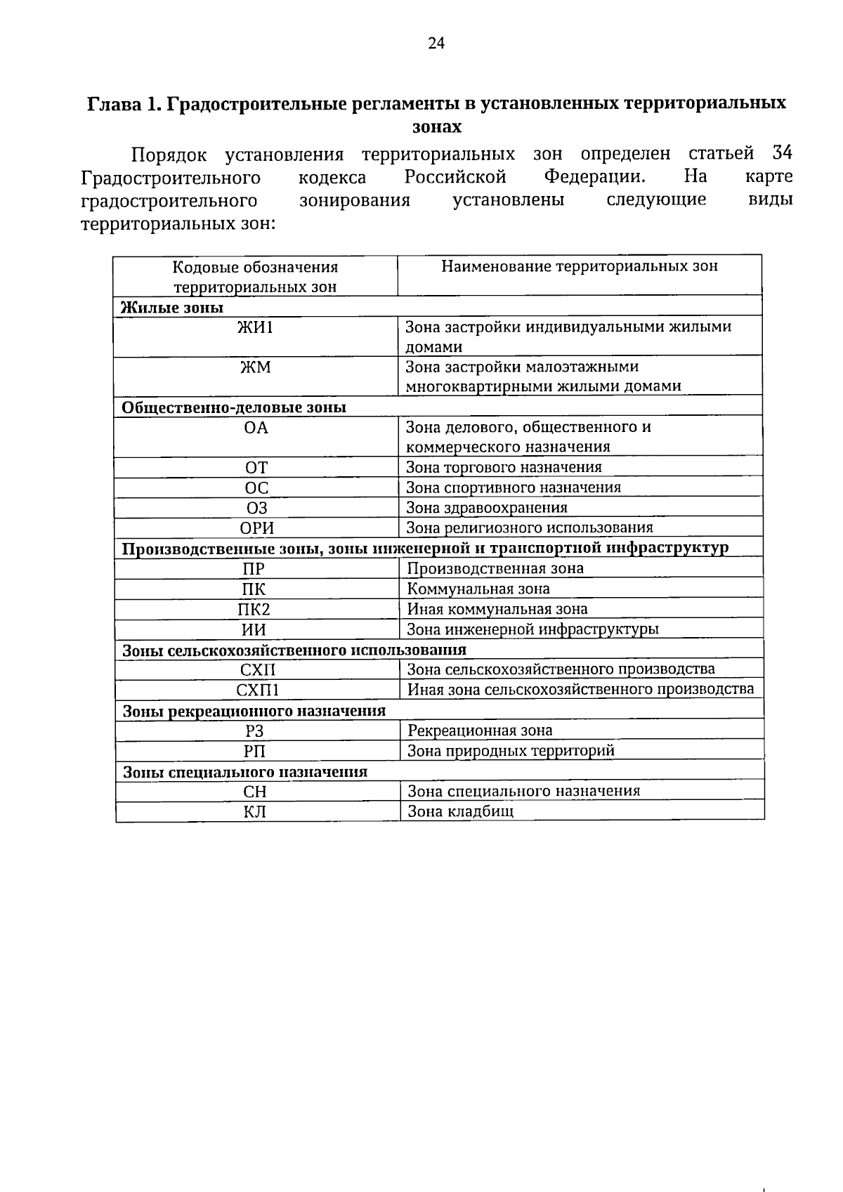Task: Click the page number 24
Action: click(436, 44)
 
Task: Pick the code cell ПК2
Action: click(254, 610)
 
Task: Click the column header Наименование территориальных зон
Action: click(580, 266)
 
